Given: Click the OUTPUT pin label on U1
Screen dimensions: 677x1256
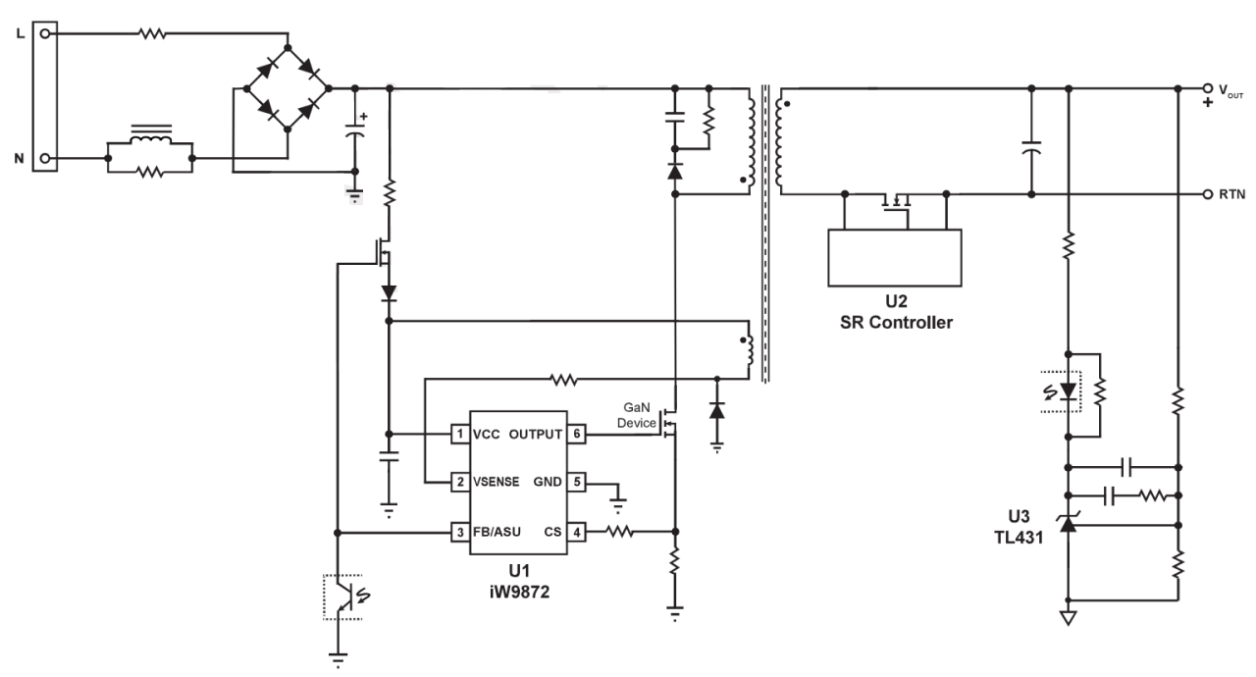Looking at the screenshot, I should (x=537, y=433).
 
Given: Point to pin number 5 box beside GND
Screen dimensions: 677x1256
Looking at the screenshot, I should (x=579, y=483).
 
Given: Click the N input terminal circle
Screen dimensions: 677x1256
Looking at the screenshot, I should (x=44, y=157).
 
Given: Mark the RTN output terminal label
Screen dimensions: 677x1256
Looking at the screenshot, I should (x=1231, y=195).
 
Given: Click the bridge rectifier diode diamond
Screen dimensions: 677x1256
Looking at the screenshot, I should (x=288, y=87).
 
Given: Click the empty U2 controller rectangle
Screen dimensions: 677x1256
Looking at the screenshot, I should (x=894, y=257).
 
